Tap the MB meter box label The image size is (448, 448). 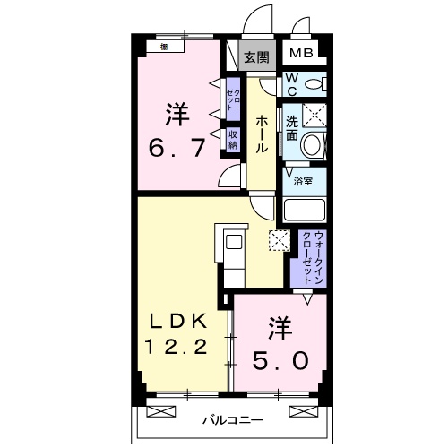click(301, 54)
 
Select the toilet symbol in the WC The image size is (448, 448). click(314, 84)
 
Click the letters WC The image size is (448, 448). click(291, 84)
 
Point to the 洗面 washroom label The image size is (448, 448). click(292, 129)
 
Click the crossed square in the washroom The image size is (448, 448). click(314, 115)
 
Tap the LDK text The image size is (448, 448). click(177, 320)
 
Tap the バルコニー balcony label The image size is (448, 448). click(231, 418)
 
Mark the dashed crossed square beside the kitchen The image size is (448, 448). click(277, 240)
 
